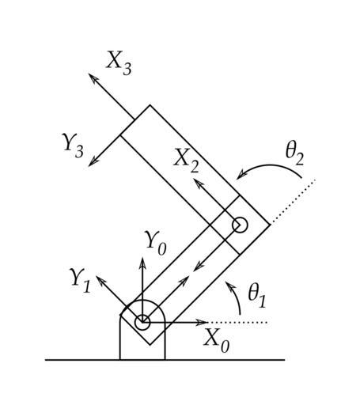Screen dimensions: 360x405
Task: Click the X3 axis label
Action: (119, 63)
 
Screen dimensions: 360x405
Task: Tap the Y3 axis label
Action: (73, 146)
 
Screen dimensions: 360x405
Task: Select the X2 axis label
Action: (186, 161)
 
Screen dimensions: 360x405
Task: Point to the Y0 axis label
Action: (156, 243)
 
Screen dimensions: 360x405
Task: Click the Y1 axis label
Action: (80, 281)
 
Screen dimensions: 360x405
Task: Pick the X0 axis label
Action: (217, 340)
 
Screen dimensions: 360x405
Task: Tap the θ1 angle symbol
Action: (256, 296)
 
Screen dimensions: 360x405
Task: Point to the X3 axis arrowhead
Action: (93, 78)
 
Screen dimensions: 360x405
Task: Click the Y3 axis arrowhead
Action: (93, 162)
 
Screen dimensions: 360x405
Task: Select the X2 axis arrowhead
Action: (199, 183)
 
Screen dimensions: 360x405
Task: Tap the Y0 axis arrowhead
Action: (142, 263)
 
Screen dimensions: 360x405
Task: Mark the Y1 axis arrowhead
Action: (100, 280)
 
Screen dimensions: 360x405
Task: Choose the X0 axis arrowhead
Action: (203, 322)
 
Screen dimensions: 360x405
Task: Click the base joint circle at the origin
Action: (142, 322)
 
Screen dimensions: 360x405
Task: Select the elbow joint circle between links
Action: (240, 225)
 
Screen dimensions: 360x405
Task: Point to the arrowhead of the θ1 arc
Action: (229, 286)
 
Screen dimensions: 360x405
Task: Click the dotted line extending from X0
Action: (239, 322)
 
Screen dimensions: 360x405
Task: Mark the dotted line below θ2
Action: (293, 202)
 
